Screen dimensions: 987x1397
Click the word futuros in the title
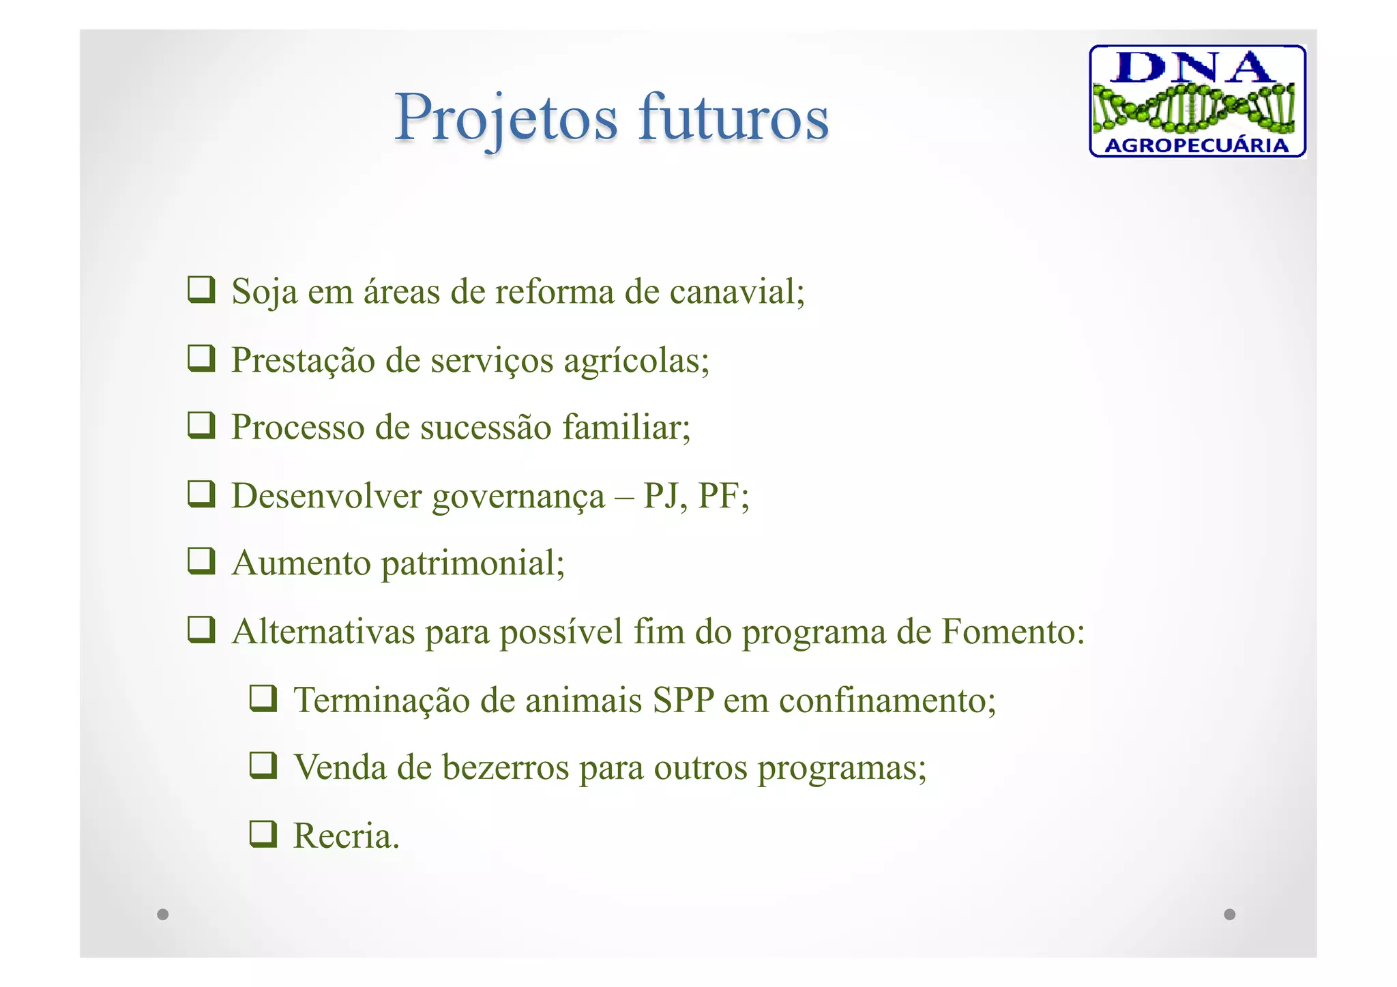click(x=734, y=118)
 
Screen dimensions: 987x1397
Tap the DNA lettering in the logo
click(x=1196, y=67)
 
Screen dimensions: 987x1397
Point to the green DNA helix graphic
click(x=1194, y=108)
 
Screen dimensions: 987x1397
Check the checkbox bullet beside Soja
click(x=202, y=290)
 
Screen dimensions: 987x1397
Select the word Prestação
click(x=303, y=360)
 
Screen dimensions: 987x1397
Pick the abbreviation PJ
click(x=661, y=496)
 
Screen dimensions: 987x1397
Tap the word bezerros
click(x=505, y=767)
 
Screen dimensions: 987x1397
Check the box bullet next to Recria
click(x=263, y=834)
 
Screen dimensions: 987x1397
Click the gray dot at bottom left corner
click(x=162, y=914)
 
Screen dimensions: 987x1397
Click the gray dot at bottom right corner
click(x=1229, y=914)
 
